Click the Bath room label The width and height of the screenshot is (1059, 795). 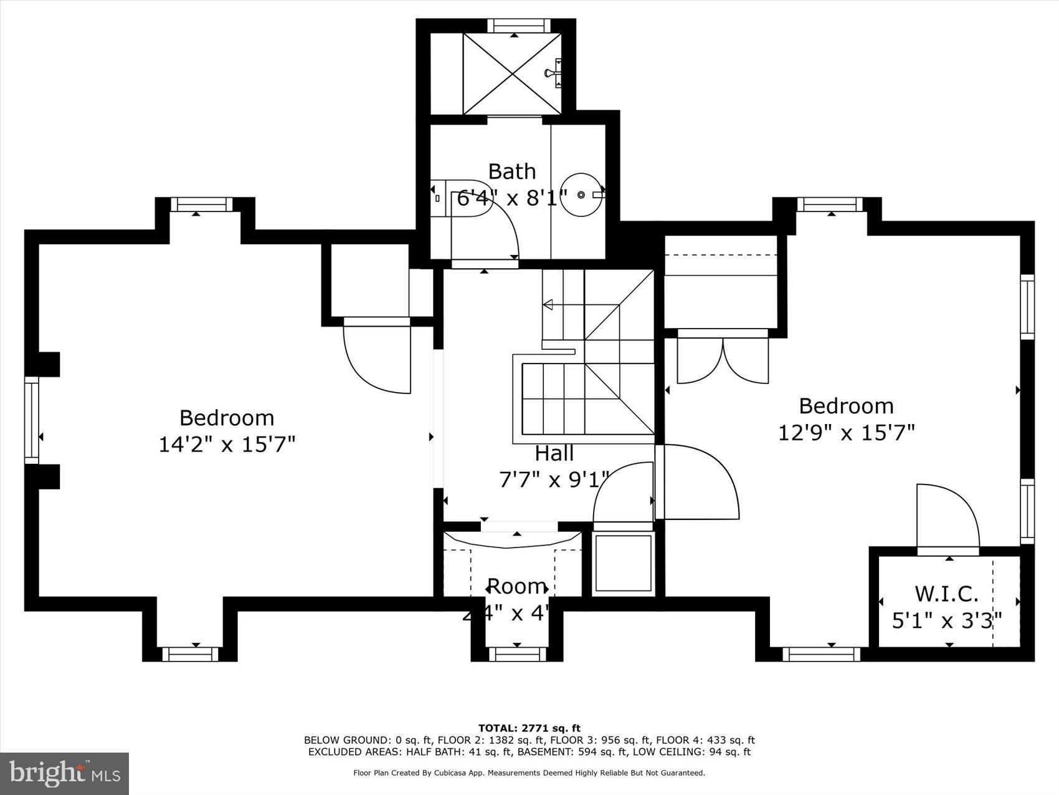click(511, 171)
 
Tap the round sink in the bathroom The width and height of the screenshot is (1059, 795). click(581, 195)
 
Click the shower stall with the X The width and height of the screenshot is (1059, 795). click(512, 74)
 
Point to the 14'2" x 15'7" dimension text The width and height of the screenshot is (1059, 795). click(227, 445)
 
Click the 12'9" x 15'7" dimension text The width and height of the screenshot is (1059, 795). click(846, 432)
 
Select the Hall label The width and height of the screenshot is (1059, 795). click(554, 453)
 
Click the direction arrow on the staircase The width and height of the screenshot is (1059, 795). click(549, 305)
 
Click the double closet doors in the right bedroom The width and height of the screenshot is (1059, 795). click(723, 362)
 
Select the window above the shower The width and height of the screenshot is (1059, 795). click(519, 26)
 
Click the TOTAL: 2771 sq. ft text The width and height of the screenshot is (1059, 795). click(529, 728)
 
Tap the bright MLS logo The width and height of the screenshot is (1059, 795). click(65, 773)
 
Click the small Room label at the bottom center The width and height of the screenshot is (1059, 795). click(516, 586)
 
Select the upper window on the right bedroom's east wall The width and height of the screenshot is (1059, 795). click(1027, 306)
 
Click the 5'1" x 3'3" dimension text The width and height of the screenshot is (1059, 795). click(946, 621)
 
